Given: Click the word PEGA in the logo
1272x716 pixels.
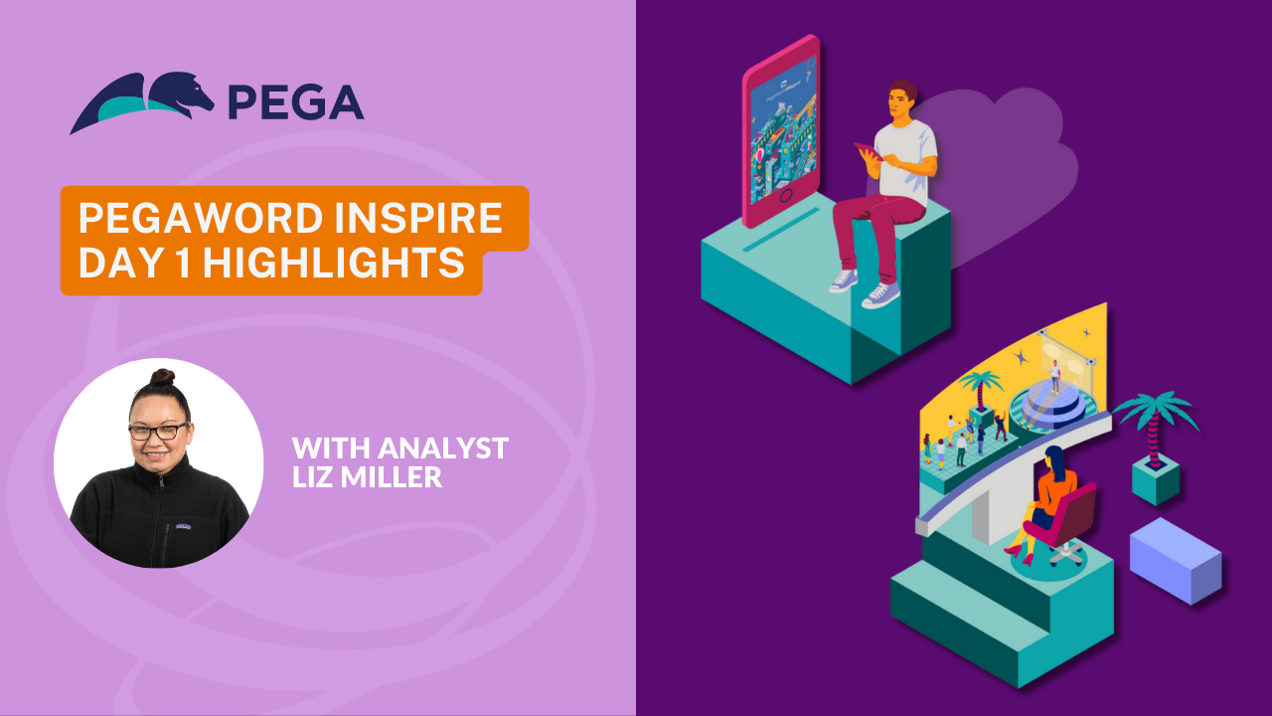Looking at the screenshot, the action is pos(296,102).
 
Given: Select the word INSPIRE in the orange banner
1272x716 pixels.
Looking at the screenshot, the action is pos(418,217).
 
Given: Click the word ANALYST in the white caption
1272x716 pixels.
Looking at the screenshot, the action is pos(443,448).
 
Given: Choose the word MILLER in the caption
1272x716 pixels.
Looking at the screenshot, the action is pos(396,476).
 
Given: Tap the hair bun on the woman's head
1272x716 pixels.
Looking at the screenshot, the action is pos(162,377).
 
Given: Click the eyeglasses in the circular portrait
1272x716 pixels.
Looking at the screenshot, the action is pos(158,432).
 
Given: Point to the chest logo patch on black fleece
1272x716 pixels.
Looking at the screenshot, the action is pos(183,527).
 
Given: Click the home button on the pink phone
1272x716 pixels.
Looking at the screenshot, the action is pos(786,196).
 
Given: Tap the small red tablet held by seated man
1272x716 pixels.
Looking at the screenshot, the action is pos(868,151).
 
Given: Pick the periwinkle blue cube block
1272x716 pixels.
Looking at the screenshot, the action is pos(1176,560).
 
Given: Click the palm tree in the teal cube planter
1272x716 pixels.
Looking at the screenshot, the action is pos(1155,427).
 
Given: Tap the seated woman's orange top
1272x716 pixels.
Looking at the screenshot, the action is pos(1055,488).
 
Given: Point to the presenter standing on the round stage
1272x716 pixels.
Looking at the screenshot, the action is pos(1054,376).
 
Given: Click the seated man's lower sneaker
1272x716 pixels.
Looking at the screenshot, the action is pos(880,295).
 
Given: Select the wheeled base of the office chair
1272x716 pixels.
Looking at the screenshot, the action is pos(1065,554).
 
